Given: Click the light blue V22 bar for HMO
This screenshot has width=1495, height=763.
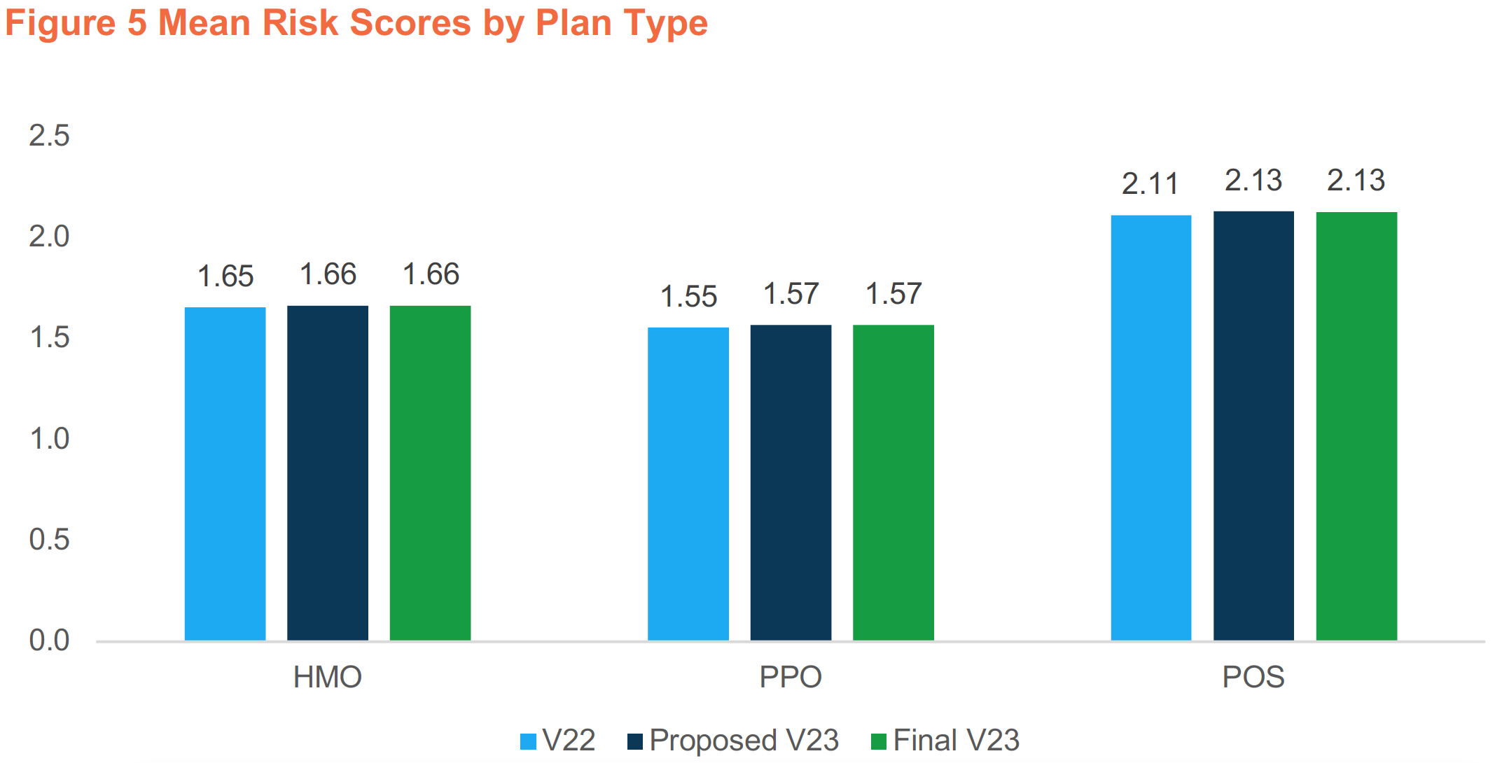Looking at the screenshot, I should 225,473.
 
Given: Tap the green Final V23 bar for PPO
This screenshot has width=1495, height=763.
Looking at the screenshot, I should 893,482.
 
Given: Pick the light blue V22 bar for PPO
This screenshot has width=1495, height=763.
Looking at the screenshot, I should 688,484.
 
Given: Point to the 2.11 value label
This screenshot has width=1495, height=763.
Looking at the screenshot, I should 1150,184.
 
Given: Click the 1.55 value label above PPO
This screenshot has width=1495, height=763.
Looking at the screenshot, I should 688,297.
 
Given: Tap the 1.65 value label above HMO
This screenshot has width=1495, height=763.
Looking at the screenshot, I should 225,276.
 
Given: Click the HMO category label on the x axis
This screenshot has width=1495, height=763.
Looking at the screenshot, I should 327,677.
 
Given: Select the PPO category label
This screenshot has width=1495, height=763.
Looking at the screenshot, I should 791,677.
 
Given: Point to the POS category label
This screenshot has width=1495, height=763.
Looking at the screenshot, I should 1253,677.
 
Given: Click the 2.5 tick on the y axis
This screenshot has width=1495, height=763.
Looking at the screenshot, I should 49,135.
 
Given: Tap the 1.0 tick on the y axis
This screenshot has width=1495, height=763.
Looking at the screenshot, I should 49,439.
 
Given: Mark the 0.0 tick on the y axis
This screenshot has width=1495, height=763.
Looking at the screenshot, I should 49,640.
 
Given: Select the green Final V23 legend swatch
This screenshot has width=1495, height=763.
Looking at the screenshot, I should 878,741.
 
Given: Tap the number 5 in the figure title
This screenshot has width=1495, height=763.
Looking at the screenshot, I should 137,22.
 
